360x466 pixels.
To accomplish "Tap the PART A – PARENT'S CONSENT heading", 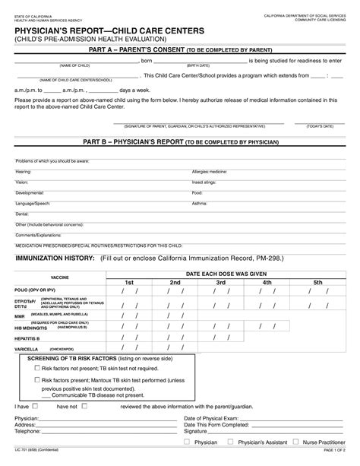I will pyautogui.click(x=180, y=49).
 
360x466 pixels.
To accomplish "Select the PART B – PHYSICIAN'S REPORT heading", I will pyautogui.click(x=180, y=142).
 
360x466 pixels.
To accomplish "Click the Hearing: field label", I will pyautogui.click(x=24, y=172).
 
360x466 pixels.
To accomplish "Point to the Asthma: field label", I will pyautogui.click(x=200, y=204).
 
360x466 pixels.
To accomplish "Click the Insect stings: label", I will pyautogui.click(x=204, y=182).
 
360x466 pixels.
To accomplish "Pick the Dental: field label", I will pyautogui.click(x=23, y=214).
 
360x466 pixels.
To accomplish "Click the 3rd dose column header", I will pyautogui.click(x=221, y=282).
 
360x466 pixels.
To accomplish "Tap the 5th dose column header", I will pyautogui.click(x=317, y=282).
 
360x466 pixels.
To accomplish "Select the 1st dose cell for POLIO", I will pyautogui.click(x=128, y=291).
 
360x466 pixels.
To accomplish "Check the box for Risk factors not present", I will pyautogui.click(x=36, y=367).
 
